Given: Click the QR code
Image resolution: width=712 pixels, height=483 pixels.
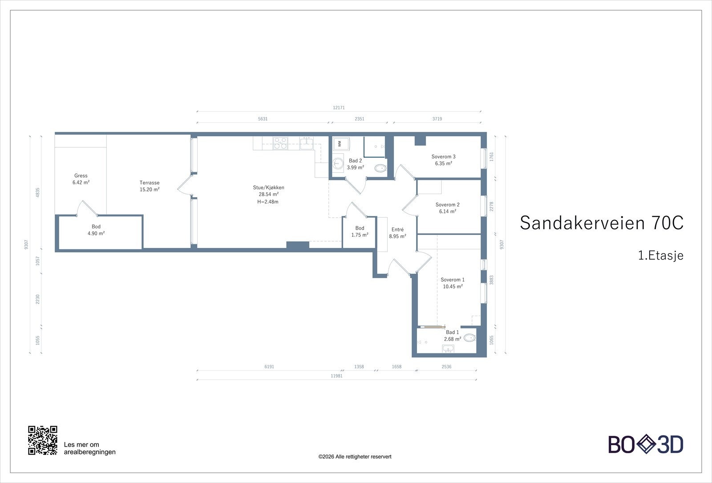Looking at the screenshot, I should pos(43,440).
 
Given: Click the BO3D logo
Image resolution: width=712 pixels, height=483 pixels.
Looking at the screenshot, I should pos(646,444).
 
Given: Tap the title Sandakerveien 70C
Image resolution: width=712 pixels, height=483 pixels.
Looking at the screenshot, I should pos(601,223).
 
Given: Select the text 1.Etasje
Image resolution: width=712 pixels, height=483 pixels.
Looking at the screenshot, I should pos(660,256).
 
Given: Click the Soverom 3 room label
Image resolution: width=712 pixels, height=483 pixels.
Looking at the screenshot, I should pos(443,160).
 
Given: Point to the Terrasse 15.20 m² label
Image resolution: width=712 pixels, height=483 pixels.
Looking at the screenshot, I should pos(150,186).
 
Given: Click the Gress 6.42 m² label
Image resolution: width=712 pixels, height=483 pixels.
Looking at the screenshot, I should pos(81,179).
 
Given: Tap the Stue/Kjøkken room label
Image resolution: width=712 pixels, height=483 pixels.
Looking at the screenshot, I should pos(268,194).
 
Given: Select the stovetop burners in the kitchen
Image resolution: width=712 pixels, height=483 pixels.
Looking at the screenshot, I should pos(280,143).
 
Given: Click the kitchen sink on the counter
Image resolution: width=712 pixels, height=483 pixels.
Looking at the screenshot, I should pos(306,143).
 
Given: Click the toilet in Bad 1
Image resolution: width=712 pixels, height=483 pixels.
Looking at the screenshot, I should pos(469,338).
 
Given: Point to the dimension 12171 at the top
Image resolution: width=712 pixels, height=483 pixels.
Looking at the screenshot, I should pos(339,108).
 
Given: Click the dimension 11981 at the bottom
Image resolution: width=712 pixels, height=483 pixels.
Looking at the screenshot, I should pos(336,376).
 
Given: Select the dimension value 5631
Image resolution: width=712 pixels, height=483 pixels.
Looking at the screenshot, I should pos(263,119).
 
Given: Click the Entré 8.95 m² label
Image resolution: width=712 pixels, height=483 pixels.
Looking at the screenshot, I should pos(397,233).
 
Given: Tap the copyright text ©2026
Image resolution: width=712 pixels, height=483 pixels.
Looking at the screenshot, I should pos(355,456).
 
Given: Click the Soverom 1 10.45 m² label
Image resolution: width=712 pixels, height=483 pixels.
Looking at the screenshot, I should pos(453,283).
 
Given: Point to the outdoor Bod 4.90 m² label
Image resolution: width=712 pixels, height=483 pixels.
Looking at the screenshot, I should pos(96,230).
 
